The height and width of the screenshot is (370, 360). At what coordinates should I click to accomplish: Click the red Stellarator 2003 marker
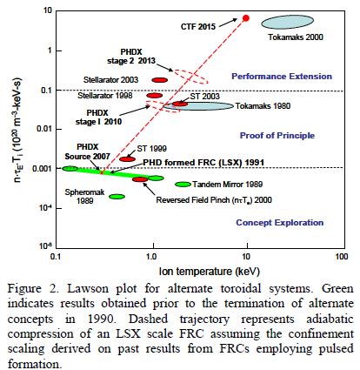click(159, 79)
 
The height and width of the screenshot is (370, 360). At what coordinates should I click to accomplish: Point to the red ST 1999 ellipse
click(127, 159)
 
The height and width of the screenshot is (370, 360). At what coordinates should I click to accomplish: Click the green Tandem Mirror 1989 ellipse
click(183, 184)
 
